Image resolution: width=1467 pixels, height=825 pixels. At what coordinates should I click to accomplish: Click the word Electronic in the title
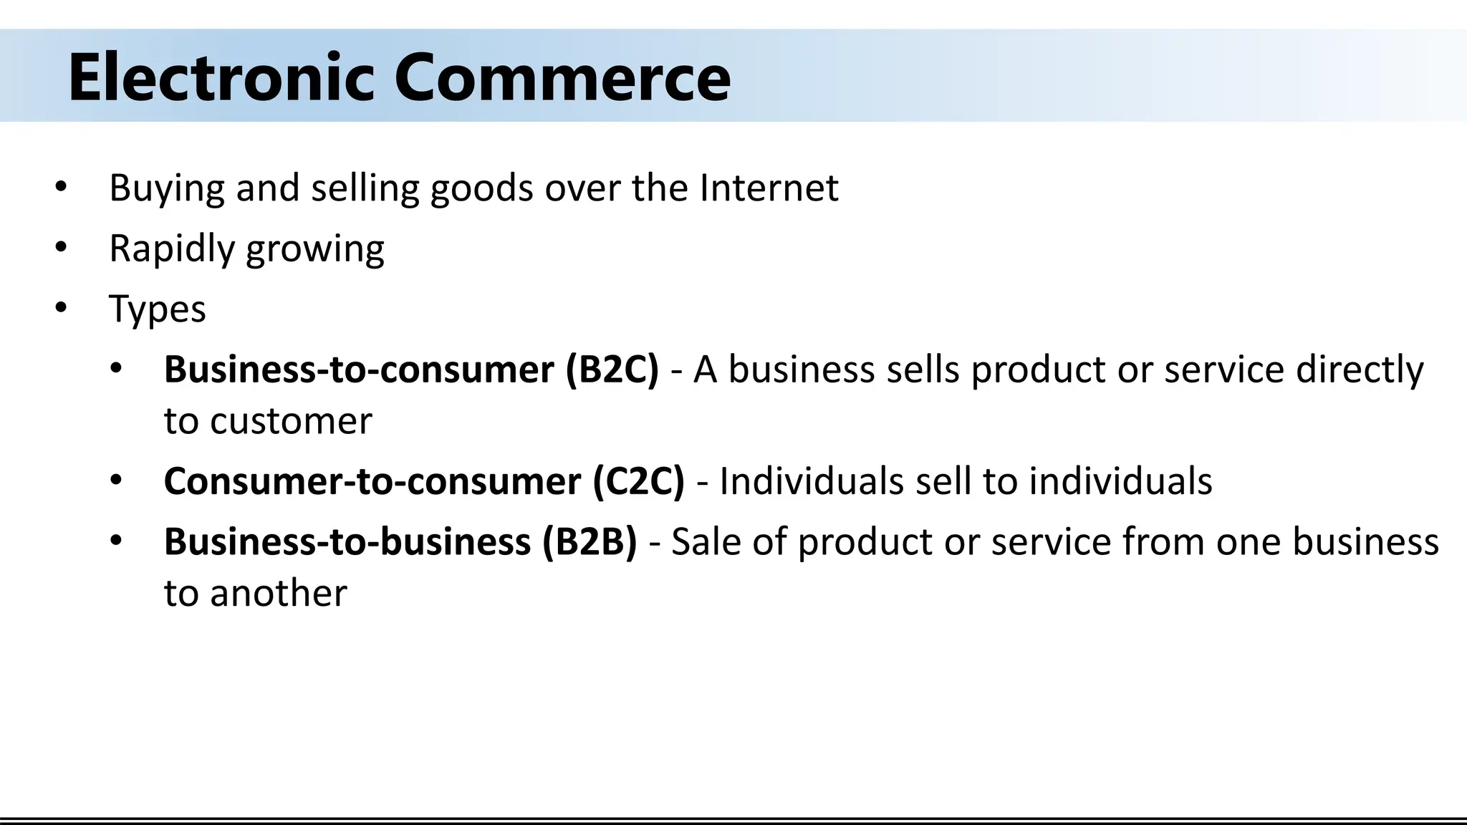(221, 77)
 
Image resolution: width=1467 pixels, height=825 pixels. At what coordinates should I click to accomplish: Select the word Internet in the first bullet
(769, 188)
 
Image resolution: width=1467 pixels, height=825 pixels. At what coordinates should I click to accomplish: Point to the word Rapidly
(171, 249)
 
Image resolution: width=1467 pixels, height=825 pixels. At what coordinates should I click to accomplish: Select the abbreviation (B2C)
(612, 370)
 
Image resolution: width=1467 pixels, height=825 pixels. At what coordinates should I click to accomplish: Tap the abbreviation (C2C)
(638, 481)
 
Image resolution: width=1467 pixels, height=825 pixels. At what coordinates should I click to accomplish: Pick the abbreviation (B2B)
(590, 541)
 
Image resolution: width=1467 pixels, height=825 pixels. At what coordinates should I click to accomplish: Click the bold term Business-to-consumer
(359, 370)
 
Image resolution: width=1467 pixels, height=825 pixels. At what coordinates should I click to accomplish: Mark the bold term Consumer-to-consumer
(372, 481)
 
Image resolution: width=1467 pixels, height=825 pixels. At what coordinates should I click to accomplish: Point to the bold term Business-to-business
(347, 541)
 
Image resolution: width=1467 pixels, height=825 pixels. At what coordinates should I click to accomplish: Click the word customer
(292, 421)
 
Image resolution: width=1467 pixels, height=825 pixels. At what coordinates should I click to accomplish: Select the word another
(279, 594)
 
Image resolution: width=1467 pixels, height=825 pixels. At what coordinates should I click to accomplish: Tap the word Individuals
(812, 481)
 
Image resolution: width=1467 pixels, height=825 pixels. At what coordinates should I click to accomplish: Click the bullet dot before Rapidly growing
(61, 248)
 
